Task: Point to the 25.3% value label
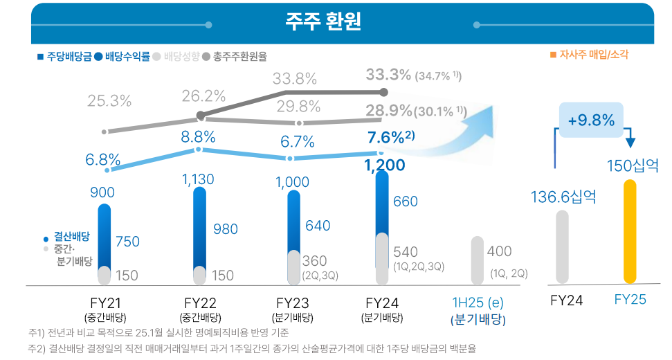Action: point(109,101)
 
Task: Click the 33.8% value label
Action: point(294,78)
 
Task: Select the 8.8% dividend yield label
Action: point(199,136)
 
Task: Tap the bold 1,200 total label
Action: point(384,165)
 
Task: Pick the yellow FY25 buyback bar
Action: point(629,231)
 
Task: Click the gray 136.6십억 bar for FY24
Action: point(562,246)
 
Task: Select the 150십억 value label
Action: point(633,166)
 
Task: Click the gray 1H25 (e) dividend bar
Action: point(477,260)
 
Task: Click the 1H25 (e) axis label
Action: point(477,303)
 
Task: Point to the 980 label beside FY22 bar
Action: point(226,230)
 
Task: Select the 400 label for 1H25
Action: point(499,251)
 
